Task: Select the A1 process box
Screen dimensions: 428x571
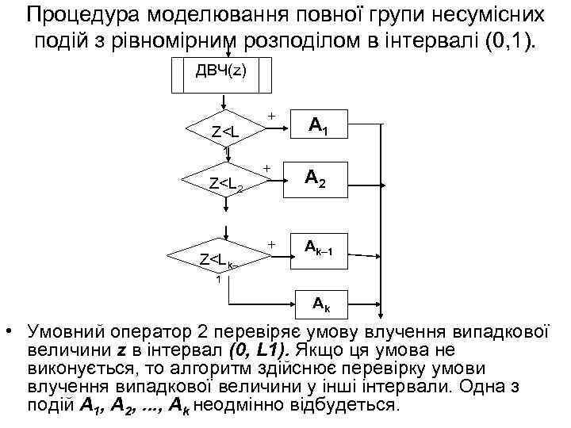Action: (x=320, y=125)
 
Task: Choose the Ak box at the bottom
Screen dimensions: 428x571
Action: (x=321, y=302)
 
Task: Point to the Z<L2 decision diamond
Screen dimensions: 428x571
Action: (x=226, y=185)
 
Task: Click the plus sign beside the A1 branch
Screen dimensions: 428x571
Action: (x=271, y=116)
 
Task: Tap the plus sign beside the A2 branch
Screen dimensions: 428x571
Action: (x=267, y=169)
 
